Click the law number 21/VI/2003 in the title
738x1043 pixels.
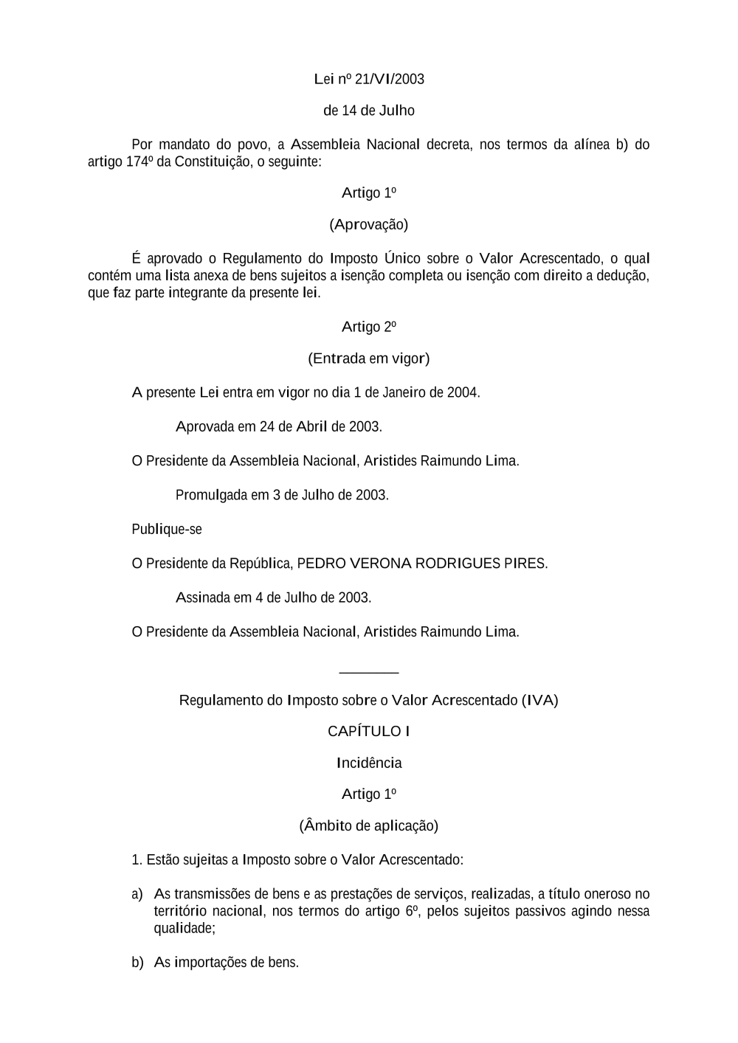(x=390, y=79)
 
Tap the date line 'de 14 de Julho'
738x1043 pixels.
(x=369, y=111)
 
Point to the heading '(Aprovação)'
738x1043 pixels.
(x=369, y=224)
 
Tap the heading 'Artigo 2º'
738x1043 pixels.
(x=369, y=327)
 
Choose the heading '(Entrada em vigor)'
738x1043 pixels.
(x=369, y=358)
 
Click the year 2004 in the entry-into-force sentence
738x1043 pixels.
(x=462, y=392)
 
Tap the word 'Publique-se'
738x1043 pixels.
(x=167, y=530)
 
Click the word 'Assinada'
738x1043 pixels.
(x=203, y=597)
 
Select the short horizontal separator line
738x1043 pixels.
(x=369, y=672)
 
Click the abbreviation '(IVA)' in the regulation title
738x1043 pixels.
(x=539, y=700)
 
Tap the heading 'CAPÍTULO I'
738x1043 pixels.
(x=369, y=732)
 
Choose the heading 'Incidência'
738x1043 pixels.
(x=369, y=763)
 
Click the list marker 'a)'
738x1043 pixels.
(x=137, y=894)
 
